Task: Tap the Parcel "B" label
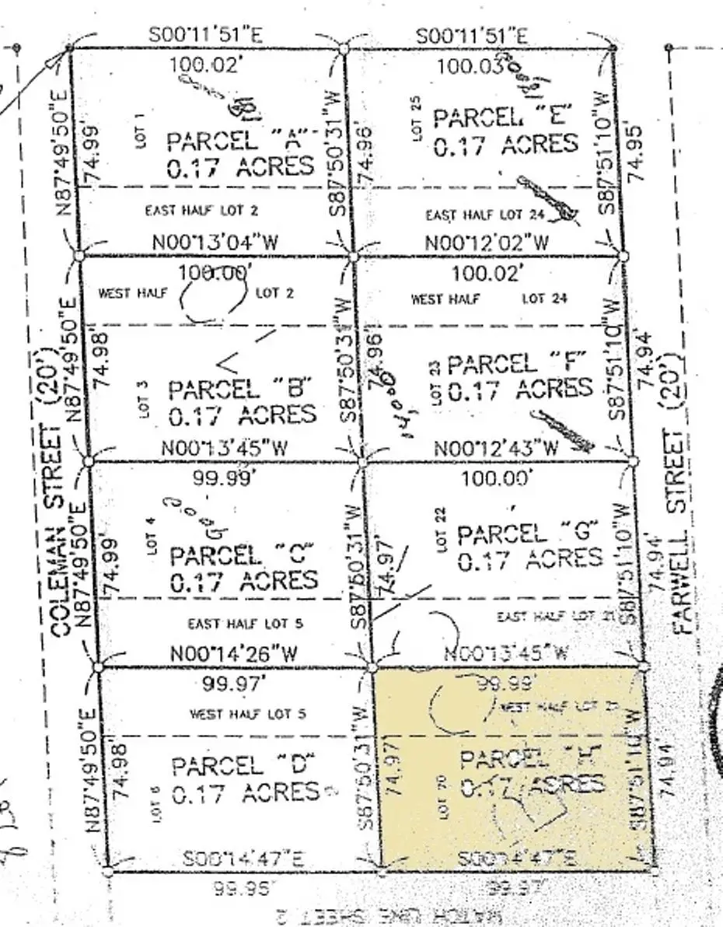point(240,388)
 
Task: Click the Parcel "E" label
point(503,118)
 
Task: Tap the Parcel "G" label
point(528,533)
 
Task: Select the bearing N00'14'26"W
point(233,655)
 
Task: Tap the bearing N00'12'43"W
point(496,449)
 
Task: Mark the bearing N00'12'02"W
point(487,243)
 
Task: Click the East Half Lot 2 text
point(202,210)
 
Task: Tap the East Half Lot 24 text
point(482,215)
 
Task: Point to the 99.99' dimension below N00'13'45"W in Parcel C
point(225,478)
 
